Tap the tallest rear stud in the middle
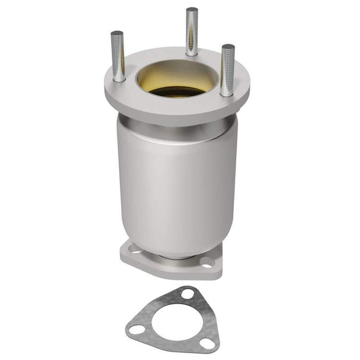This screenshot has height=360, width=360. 192,31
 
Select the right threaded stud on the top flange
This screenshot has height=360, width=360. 228,70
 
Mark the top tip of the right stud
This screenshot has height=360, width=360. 228,47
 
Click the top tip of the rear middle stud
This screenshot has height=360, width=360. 192,10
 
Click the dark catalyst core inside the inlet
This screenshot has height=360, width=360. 178,91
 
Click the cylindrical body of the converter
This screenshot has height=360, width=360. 178,186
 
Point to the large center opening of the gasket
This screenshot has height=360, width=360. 174,323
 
